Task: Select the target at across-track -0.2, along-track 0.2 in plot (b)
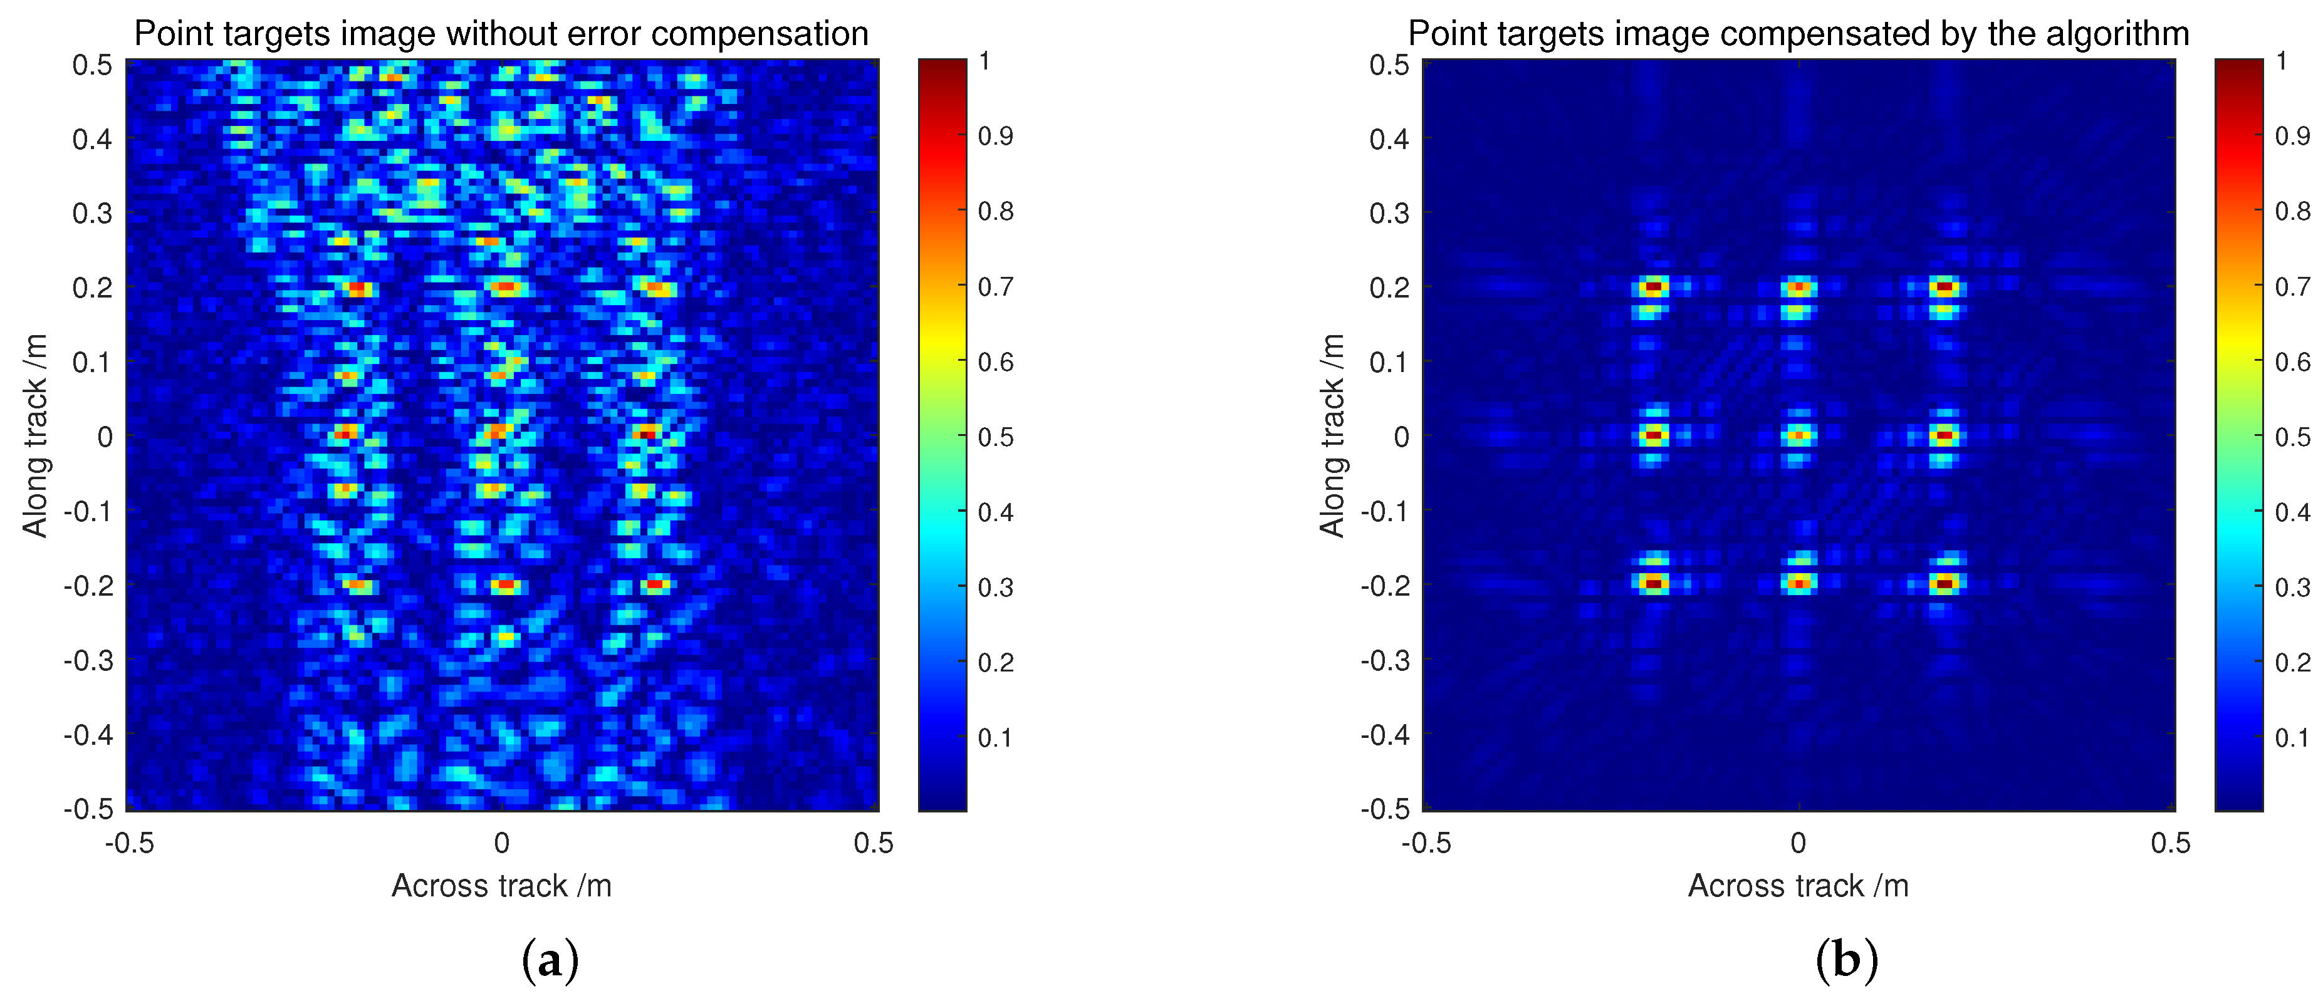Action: click(x=1652, y=288)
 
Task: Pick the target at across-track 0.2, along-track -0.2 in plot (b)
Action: click(x=1945, y=583)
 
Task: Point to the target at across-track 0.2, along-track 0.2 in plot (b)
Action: click(x=1945, y=288)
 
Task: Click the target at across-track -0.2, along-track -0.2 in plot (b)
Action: click(x=1652, y=583)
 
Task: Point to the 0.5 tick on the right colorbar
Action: click(x=2292, y=437)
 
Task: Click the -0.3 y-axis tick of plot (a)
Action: click(x=88, y=660)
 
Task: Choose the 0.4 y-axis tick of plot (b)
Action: click(x=1389, y=139)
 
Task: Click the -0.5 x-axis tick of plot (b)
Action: click(x=1426, y=843)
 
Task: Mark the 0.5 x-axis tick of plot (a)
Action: click(x=873, y=843)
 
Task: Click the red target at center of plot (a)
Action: click(x=499, y=433)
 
